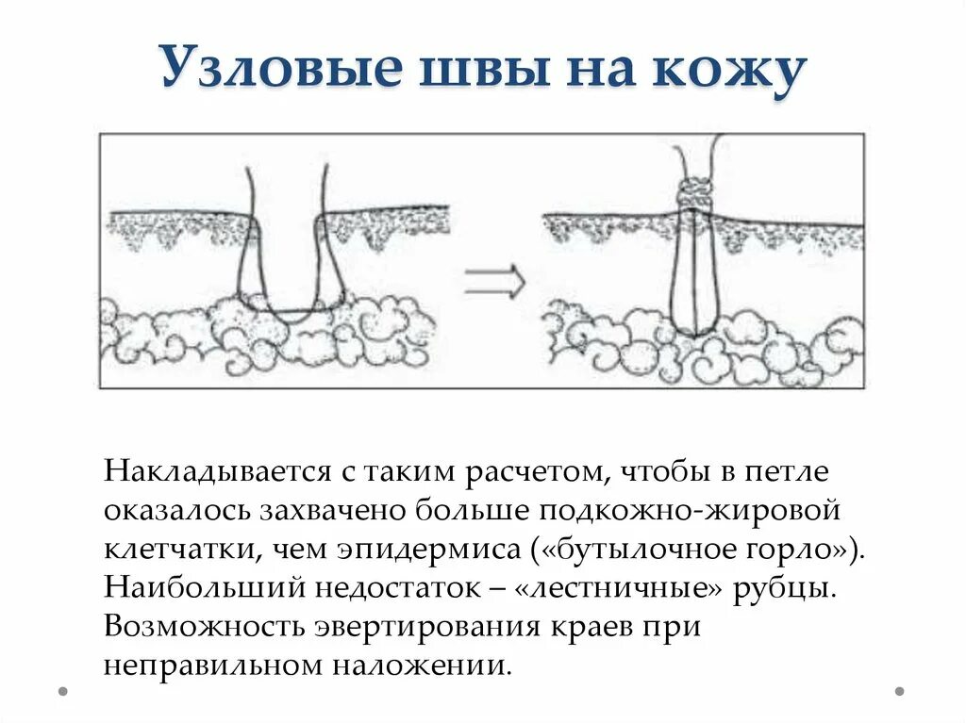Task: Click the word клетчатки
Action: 184,549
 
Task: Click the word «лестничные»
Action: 618,588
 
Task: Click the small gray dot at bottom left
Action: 63,691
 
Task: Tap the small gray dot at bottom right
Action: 899,691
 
